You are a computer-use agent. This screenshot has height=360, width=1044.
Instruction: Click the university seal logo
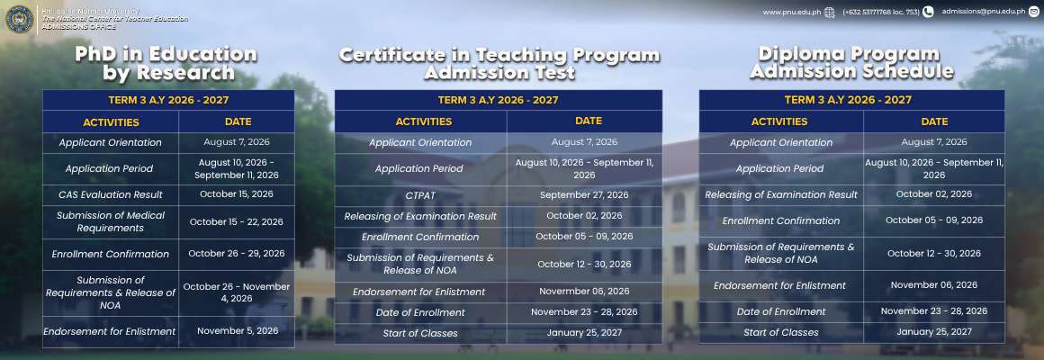point(19,19)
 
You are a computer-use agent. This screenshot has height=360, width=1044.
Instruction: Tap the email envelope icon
point(1033,12)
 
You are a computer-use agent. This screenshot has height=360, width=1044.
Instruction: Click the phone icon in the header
point(928,12)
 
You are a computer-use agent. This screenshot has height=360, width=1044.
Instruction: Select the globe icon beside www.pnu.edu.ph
point(829,12)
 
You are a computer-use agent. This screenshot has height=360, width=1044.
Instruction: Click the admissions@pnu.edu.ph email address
point(984,12)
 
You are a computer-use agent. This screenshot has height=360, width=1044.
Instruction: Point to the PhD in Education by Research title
point(166,63)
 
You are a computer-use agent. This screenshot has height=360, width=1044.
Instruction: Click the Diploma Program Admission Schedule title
point(851,63)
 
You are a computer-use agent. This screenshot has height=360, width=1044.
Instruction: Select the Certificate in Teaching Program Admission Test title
point(499,63)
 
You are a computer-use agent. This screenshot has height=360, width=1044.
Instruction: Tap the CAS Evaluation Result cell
point(111,195)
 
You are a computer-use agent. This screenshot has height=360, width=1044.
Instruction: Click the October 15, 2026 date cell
point(237,194)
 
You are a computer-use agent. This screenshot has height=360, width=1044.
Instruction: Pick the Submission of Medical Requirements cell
point(111,221)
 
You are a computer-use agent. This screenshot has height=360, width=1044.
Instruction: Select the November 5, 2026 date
point(238,330)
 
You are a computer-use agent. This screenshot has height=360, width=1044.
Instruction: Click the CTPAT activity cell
point(420,195)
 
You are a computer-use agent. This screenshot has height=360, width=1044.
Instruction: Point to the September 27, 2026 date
point(584,195)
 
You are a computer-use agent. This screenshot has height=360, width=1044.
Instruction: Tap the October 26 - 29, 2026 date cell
point(237,254)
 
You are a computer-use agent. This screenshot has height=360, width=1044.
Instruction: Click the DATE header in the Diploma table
point(934,121)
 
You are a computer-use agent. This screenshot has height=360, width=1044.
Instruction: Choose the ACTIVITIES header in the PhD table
point(112,122)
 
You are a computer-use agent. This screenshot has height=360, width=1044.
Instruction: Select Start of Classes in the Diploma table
point(781,332)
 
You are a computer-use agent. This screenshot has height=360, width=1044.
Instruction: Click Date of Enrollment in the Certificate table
point(420,313)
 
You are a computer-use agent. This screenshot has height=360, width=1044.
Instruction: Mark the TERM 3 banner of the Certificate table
point(498,101)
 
